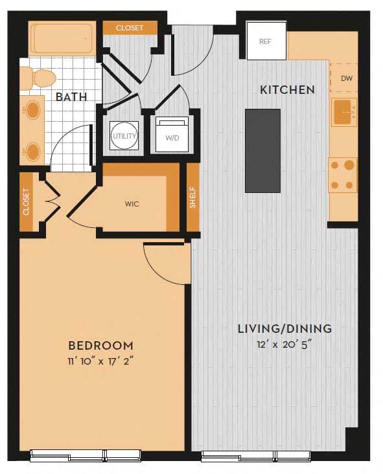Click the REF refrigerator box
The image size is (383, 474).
pos(266,40)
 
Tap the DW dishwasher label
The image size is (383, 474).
pos(346,78)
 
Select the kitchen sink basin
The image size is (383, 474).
pos(344,113)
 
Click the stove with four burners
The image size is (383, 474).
pos(343,175)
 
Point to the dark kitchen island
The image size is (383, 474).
pos(262,150)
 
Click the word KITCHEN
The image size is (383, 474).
pos(287,90)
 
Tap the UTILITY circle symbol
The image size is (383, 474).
pos(124,136)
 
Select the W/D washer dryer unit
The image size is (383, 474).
pos(172,136)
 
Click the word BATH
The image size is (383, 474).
pos(71,98)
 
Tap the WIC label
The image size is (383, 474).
pos(132,204)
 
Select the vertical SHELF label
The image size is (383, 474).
pos(192,199)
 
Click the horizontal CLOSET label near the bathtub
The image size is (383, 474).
pos(130,28)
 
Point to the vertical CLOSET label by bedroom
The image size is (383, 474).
pos(27,201)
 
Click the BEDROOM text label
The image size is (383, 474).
pos(101,346)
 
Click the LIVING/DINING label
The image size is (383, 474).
pos(284,329)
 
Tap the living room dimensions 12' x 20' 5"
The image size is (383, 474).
pos(284,344)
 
